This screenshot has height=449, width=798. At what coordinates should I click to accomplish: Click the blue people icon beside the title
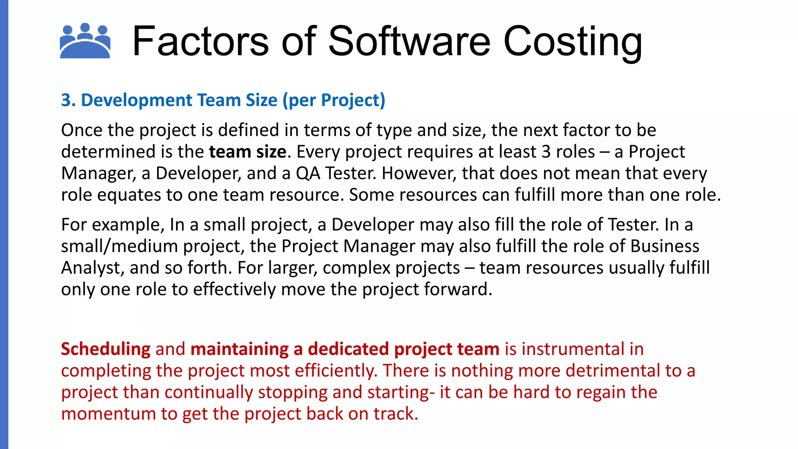click(85, 41)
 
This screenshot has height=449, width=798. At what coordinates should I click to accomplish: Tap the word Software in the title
click(409, 41)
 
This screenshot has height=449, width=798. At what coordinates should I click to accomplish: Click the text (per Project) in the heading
click(334, 101)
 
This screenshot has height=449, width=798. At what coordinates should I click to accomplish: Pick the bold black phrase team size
click(248, 152)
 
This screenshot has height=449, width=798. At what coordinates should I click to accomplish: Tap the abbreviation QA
click(308, 173)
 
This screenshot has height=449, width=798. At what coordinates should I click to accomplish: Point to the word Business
click(665, 246)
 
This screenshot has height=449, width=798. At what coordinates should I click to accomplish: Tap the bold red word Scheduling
click(106, 349)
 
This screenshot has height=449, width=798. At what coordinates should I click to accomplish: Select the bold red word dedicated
click(348, 349)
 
